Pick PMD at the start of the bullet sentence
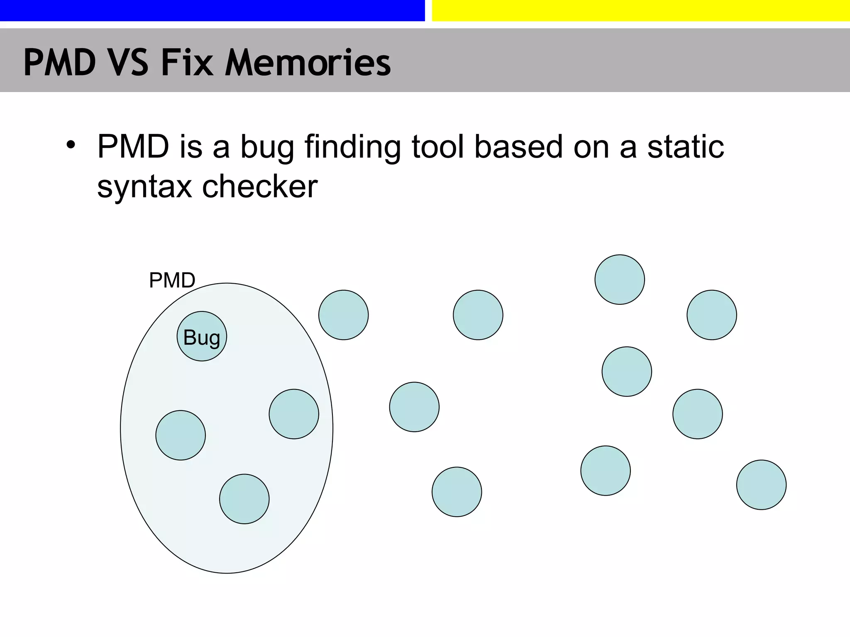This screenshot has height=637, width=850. click(x=133, y=147)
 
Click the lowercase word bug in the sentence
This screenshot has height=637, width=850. click(x=267, y=148)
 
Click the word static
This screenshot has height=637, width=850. click(x=686, y=147)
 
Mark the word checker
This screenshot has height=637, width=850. click(x=260, y=187)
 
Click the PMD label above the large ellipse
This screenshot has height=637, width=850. click(x=172, y=280)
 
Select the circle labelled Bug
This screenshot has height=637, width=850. click(x=202, y=336)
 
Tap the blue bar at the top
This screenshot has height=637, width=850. click(x=212, y=10)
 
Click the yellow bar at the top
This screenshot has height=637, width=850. click(x=640, y=10)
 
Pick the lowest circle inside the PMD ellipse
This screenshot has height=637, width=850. click(x=244, y=499)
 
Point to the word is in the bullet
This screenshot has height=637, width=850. click(x=191, y=147)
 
